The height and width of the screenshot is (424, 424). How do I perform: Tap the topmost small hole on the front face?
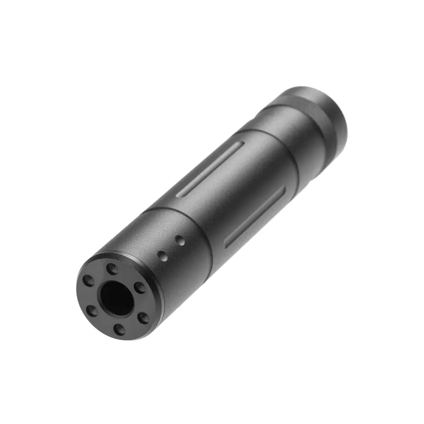(112, 268)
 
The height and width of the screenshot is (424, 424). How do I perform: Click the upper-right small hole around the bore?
(140, 287)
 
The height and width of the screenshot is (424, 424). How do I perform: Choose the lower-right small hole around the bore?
(144, 318)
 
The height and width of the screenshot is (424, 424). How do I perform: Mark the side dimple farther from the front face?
(181, 242)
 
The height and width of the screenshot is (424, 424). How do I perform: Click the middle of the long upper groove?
(210, 170)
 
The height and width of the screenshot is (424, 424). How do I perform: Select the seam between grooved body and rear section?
(276, 148)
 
